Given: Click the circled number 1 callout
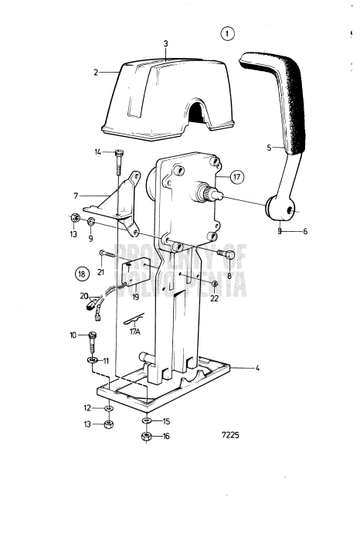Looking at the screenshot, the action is coord(227,34).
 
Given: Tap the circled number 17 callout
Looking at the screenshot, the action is coord(236,177).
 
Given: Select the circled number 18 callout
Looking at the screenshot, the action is coord(82,274).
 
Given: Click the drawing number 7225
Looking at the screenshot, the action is coord(230,435).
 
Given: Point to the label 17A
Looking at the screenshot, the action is coord(134,332).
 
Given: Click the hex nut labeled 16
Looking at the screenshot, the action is coord(146,437).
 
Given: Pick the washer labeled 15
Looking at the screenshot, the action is coord(146,420).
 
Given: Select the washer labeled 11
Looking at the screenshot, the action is coord(93,360).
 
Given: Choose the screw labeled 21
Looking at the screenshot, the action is coord(107,254).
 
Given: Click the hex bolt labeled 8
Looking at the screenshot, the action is coord(226,254).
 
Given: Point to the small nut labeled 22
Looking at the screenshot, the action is coord(215,284).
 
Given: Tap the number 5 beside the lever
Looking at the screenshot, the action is coord(269,148).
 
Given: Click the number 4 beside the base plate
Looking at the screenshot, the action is coord(257,368).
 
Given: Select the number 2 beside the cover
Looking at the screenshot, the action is coord(96,73).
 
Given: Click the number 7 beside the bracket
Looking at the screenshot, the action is coord(76,196).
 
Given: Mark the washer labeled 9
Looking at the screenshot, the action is coord(91,222).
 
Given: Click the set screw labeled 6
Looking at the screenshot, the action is coord(280,230).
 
